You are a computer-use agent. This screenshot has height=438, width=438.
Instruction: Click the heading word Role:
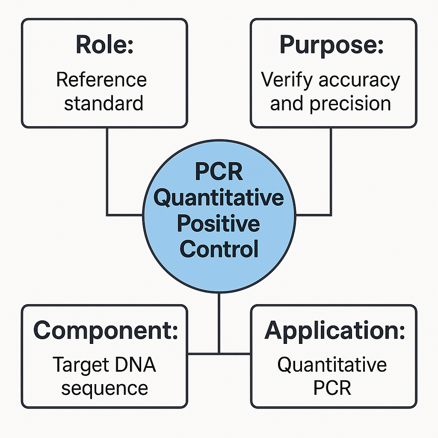[104, 44]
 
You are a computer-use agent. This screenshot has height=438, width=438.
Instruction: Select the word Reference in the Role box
[101, 80]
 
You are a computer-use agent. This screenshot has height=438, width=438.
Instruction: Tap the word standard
[104, 103]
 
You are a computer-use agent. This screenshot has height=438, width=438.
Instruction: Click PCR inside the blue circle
[219, 172]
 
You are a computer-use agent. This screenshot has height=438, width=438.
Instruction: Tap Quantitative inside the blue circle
[219, 198]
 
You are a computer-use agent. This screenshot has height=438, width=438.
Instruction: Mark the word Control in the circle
[219, 249]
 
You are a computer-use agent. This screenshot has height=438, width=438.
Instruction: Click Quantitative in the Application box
[332, 365]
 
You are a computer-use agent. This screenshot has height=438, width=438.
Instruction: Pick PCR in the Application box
[332, 388]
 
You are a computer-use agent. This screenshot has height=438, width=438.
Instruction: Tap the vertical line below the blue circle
[219, 323]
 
